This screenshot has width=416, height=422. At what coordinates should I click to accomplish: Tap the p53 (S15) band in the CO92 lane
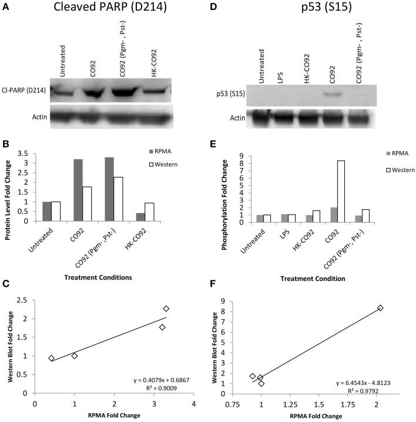[332, 93]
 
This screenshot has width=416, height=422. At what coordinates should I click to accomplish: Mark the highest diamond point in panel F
[380, 308]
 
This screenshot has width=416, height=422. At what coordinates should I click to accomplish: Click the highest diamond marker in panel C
[166, 309]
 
